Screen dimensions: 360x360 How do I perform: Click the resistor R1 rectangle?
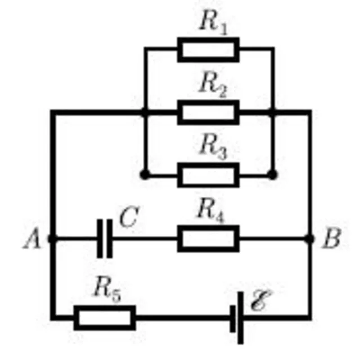point(208,50)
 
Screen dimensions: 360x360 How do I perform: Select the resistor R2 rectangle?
point(208,112)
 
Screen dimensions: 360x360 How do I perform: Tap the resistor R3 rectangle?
point(208,175)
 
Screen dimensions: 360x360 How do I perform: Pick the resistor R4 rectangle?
point(208,238)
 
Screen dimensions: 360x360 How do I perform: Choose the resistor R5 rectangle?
point(105,318)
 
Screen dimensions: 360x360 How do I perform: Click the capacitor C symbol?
point(105,238)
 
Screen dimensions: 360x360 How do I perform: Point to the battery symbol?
point(237,318)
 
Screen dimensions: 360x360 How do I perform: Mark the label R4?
point(211,211)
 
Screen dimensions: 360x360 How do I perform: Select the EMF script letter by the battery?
point(261,300)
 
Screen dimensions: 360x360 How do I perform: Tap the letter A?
point(33,238)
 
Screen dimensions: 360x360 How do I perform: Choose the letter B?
point(331,238)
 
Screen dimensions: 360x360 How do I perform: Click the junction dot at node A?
point(52,238)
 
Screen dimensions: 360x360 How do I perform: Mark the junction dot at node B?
point(309,238)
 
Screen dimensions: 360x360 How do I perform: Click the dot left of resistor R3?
point(145,175)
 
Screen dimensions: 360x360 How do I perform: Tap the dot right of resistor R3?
point(272,175)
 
